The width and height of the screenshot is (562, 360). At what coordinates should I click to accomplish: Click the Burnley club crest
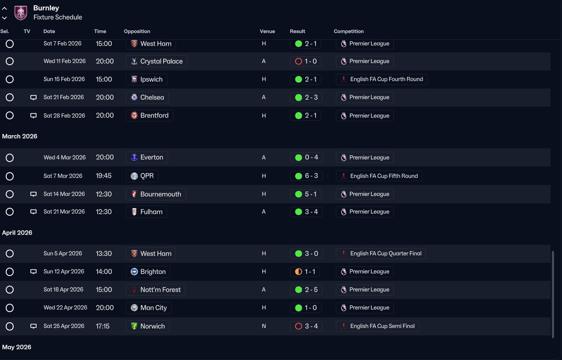point(21,13)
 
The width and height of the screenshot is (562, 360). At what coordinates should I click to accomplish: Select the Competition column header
point(349,31)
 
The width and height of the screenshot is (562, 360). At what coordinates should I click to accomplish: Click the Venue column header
point(267,31)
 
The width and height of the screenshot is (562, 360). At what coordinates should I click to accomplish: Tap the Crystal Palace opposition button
point(157,61)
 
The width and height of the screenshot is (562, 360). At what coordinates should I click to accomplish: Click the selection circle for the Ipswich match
point(10,79)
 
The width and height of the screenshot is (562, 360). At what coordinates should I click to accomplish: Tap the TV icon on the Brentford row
point(33,115)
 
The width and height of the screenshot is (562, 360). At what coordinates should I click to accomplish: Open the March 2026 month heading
point(19,136)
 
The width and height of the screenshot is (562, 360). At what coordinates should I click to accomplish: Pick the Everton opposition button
point(147,157)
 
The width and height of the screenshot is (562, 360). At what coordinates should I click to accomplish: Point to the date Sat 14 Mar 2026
point(64,194)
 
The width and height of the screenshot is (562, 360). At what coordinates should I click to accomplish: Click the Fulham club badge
point(134,212)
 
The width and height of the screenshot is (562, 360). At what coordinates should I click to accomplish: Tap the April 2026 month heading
point(17,232)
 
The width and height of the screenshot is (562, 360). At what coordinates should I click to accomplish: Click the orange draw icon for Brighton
point(298,272)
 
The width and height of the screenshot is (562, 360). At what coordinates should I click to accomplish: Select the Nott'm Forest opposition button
point(155,290)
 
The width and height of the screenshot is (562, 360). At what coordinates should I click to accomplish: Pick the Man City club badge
point(134,308)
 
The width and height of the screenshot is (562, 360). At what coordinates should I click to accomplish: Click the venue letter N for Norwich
point(264,326)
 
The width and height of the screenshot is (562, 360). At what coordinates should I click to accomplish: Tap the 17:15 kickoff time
point(103,326)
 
